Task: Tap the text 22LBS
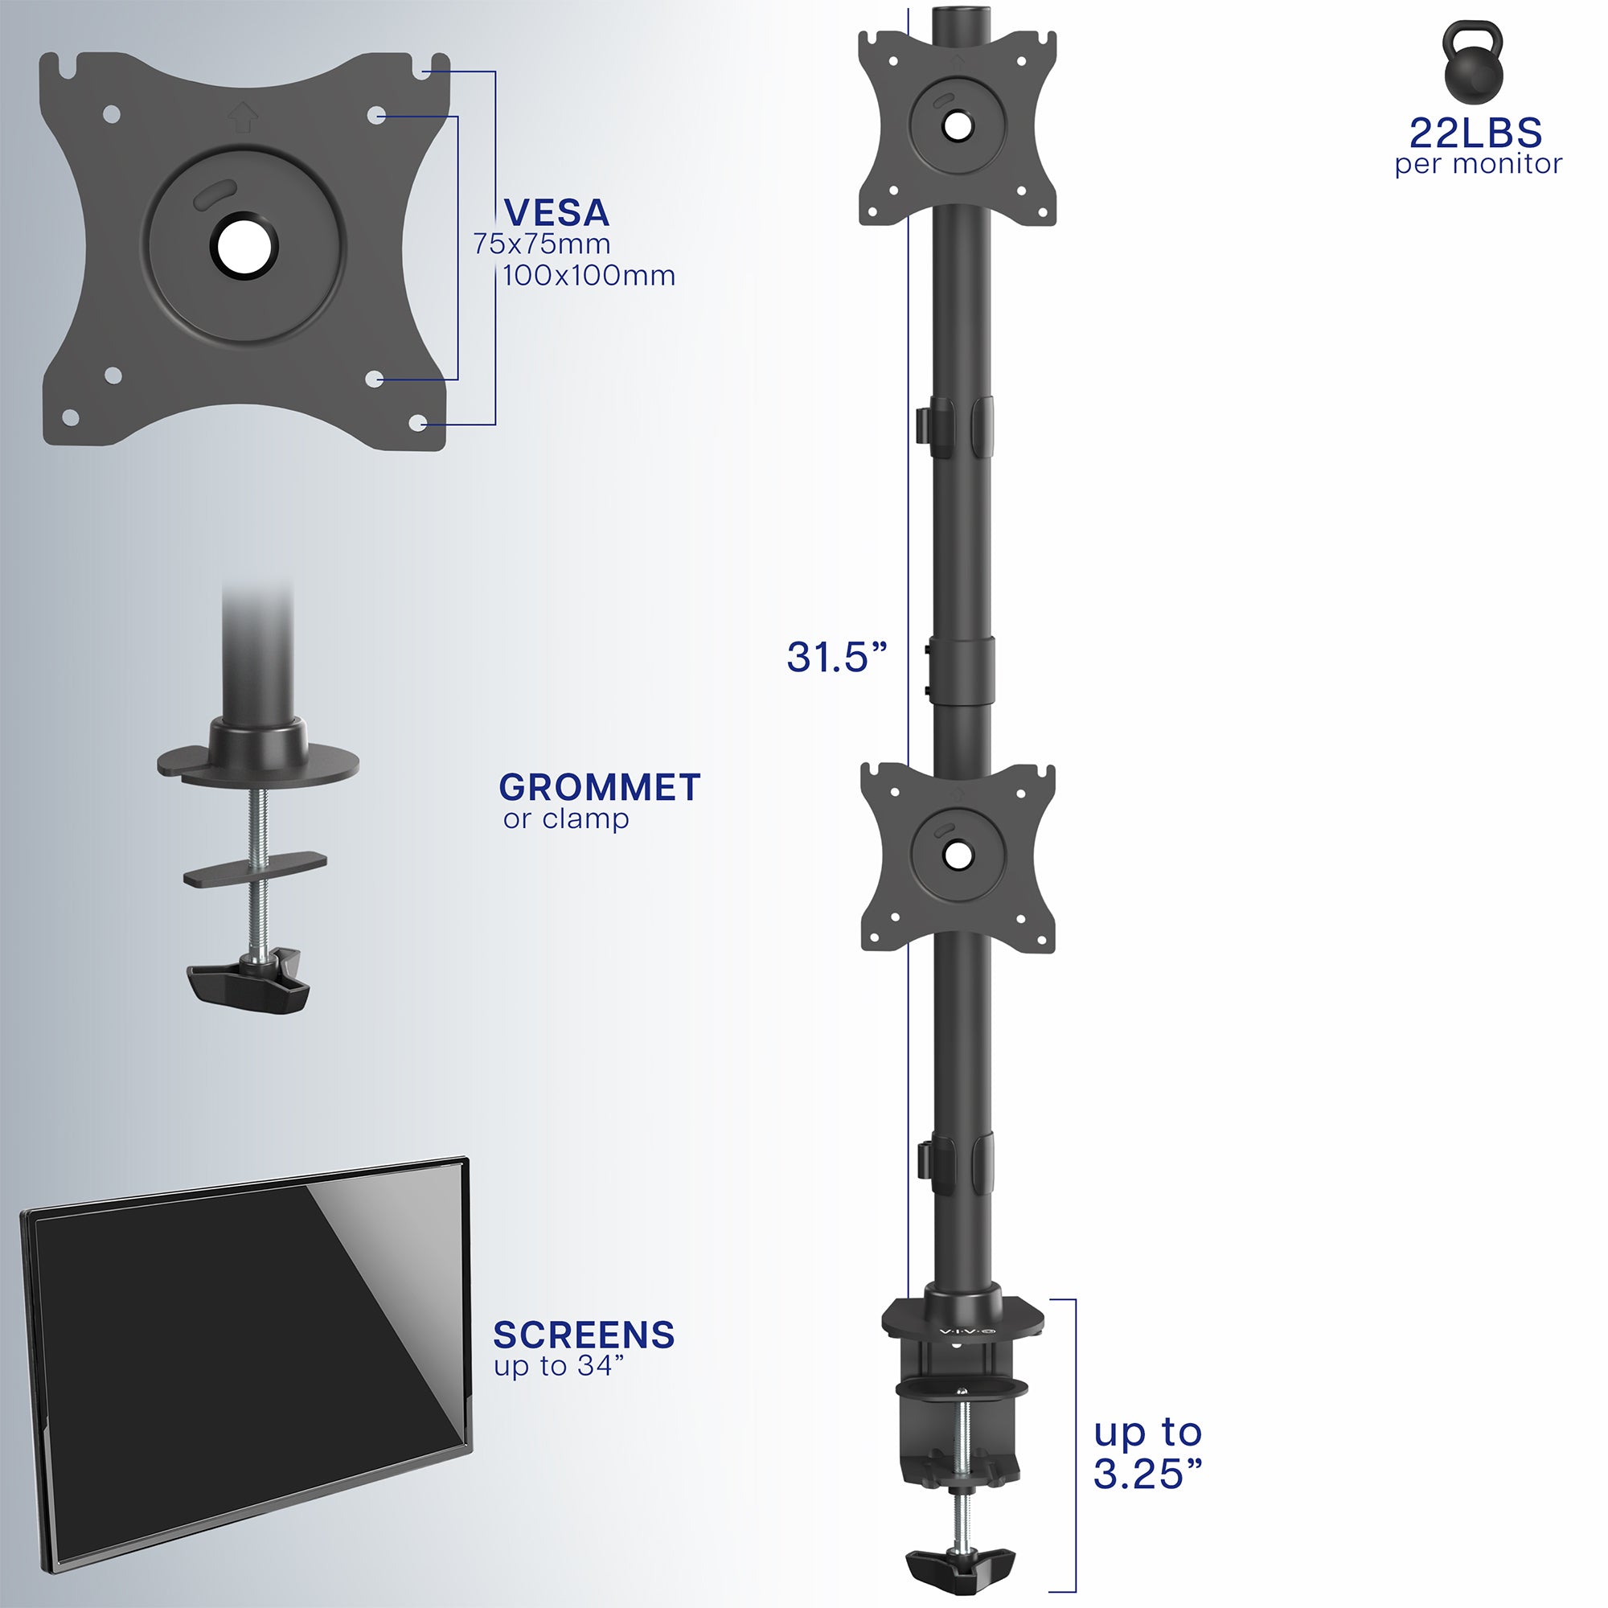1475,133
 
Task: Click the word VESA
557,213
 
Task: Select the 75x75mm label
542,244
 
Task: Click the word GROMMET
599,787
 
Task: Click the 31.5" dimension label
836,657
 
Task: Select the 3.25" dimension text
1148,1474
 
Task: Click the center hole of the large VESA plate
243,246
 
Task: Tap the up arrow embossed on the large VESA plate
242,116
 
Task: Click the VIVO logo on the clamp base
966,1332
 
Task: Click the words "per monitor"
1479,164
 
